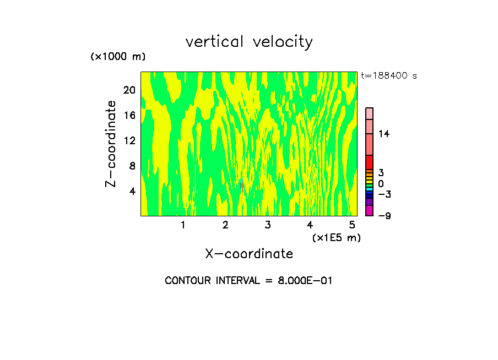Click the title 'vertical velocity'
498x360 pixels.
coord(249,42)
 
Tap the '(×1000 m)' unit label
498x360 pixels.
coord(118,57)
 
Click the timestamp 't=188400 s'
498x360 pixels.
coord(388,76)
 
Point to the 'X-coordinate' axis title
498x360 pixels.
coord(249,254)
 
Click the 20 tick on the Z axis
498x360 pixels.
coord(129,90)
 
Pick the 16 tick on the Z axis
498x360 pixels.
coord(129,116)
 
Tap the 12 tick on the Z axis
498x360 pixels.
coord(129,141)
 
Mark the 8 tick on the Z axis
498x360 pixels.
coord(132,166)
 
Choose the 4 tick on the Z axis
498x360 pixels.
coord(132,191)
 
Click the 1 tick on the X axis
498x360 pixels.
coord(183,225)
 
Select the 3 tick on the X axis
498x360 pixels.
coord(268,225)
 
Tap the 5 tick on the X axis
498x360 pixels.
coord(352,225)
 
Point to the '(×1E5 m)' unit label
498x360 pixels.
coord(336,237)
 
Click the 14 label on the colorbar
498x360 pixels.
coord(384,134)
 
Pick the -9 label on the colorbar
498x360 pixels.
coord(384,216)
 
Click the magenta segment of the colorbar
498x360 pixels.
coord(369,211)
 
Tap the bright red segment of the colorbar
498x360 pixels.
coord(369,162)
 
